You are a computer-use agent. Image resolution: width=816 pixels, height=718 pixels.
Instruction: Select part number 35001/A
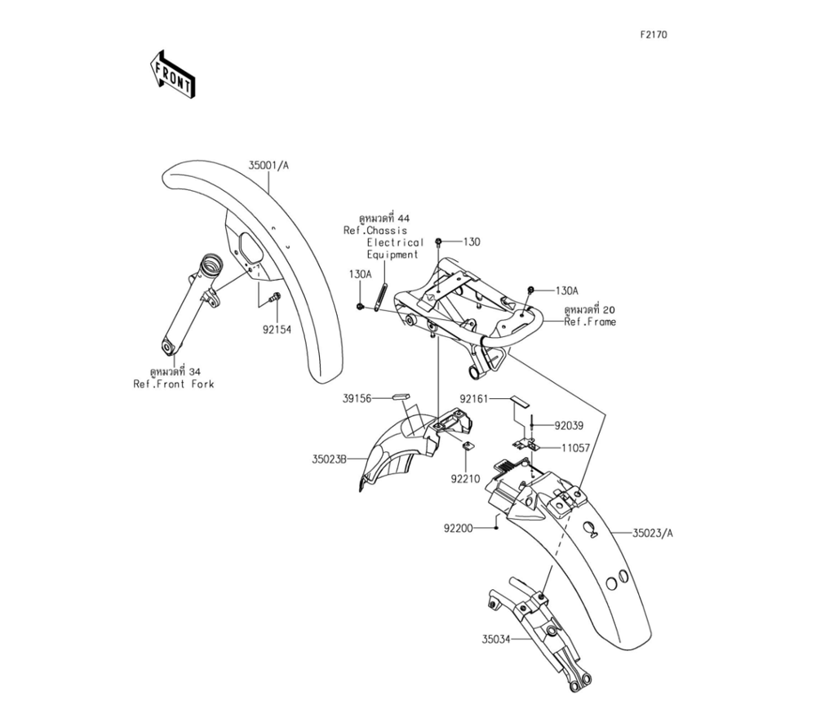[269, 165]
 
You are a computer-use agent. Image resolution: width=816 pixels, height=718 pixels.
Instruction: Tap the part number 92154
[277, 330]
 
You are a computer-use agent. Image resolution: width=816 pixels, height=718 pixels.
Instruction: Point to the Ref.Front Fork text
[174, 384]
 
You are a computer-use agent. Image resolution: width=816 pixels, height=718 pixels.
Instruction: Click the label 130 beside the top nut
[472, 242]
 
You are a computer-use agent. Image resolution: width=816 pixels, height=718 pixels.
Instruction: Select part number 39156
[357, 398]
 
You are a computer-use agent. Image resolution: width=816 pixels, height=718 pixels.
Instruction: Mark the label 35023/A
[654, 534]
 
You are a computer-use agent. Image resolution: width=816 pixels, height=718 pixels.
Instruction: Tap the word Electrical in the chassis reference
[395, 242]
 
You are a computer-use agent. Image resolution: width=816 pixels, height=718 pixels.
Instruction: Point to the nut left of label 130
[440, 242]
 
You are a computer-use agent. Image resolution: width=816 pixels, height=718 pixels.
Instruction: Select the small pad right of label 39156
[400, 397]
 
